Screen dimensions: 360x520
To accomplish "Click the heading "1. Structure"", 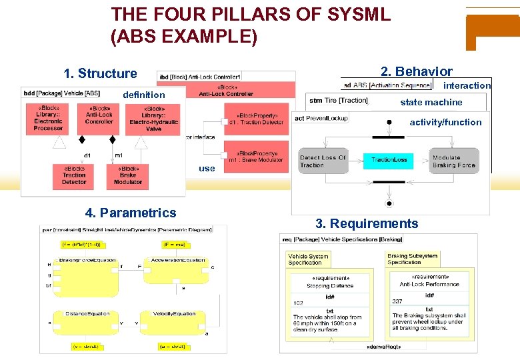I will tap(100, 73).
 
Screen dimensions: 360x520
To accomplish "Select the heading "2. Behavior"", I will tap(416, 71).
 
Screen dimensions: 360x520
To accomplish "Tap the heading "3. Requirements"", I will tap(367, 223).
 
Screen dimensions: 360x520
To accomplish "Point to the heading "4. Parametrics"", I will tap(131, 213).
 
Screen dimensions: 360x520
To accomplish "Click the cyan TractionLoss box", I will tap(389, 161).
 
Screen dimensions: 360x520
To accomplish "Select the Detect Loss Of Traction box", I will tap(323, 161).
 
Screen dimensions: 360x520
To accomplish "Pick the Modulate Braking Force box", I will tap(453, 161).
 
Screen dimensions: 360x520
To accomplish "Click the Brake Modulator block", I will tap(127, 175).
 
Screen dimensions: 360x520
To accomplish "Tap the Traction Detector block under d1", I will tap(74, 175).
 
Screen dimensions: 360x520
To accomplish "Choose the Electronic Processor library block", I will tap(48, 118).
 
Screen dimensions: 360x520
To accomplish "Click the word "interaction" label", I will tap(467, 85).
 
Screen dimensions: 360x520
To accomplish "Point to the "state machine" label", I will tap(431, 102).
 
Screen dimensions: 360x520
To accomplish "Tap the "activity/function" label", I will tap(445, 122).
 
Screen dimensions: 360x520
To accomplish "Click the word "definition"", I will tap(143, 95).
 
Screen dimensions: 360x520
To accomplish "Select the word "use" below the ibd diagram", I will tap(207, 168).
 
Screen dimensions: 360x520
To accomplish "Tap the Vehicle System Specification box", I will tap(308, 259).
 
